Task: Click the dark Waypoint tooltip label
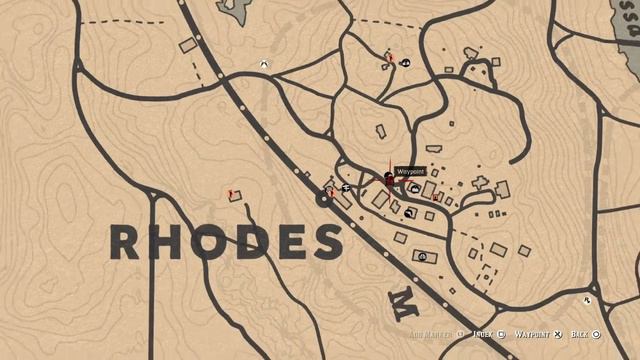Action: (x=411, y=172)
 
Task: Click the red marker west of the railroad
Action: (x=231, y=189)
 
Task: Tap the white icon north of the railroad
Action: (x=263, y=63)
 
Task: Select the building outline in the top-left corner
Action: (x=187, y=45)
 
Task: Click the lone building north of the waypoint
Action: (x=380, y=131)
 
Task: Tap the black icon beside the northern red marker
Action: (x=405, y=63)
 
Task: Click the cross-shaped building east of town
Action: (x=480, y=183)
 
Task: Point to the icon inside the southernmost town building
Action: (x=423, y=257)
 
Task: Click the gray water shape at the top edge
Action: (x=237, y=10)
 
